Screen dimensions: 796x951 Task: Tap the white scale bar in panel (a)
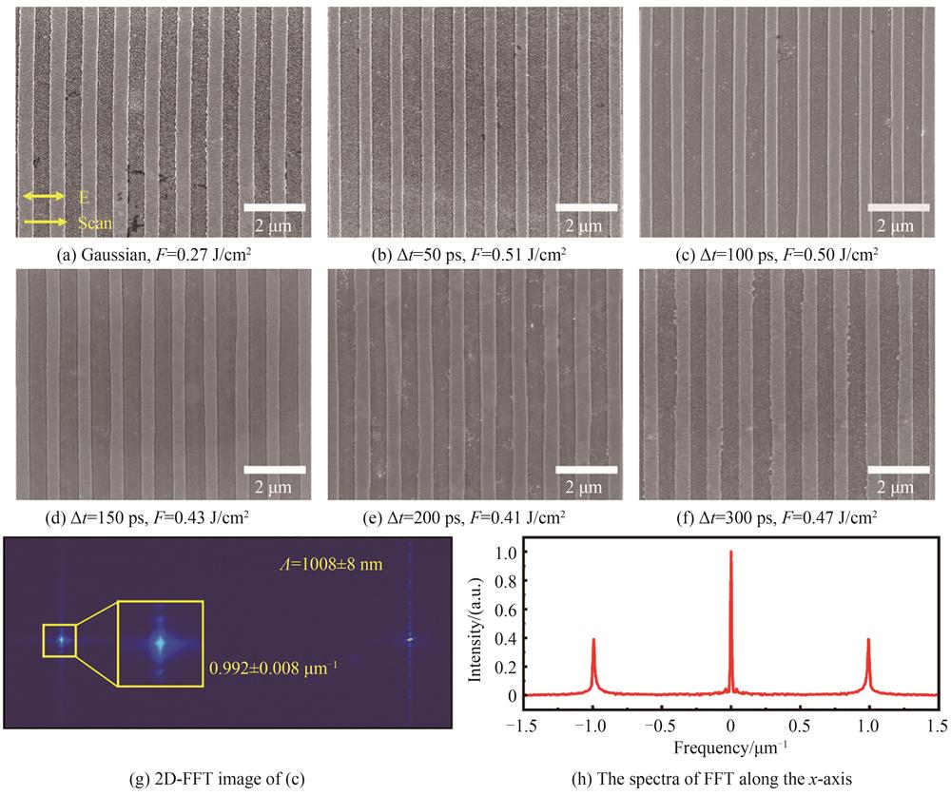coord(274,206)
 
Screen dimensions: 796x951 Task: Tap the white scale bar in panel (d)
coord(274,469)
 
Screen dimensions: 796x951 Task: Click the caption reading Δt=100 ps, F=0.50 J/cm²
coord(786,254)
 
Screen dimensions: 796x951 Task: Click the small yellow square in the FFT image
coord(59,640)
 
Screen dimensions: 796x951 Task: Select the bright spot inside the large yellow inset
coord(160,644)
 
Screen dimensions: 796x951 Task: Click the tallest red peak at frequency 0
coord(730,553)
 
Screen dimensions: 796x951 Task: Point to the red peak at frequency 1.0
coord(868,640)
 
